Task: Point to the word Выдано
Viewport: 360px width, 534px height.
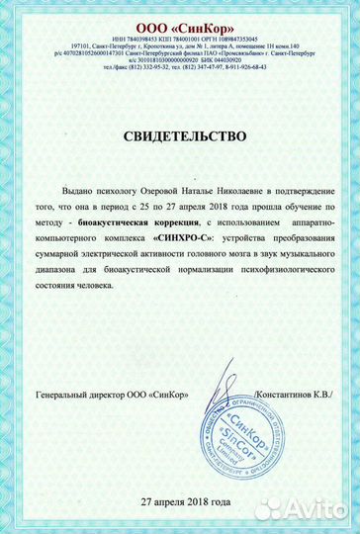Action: click(89, 197)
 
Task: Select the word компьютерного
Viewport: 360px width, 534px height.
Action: click(85, 241)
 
